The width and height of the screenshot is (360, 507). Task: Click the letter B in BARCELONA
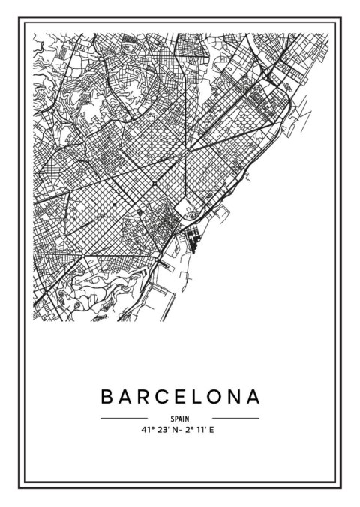coord(106,395)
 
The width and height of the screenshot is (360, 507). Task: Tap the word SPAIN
coord(180,418)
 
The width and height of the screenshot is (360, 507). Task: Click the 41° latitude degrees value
coord(146,430)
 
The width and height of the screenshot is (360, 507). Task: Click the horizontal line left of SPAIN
coord(124,418)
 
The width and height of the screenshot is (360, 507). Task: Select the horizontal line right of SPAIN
coord(235,418)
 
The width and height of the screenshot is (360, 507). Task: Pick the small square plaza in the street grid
coord(154,184)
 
